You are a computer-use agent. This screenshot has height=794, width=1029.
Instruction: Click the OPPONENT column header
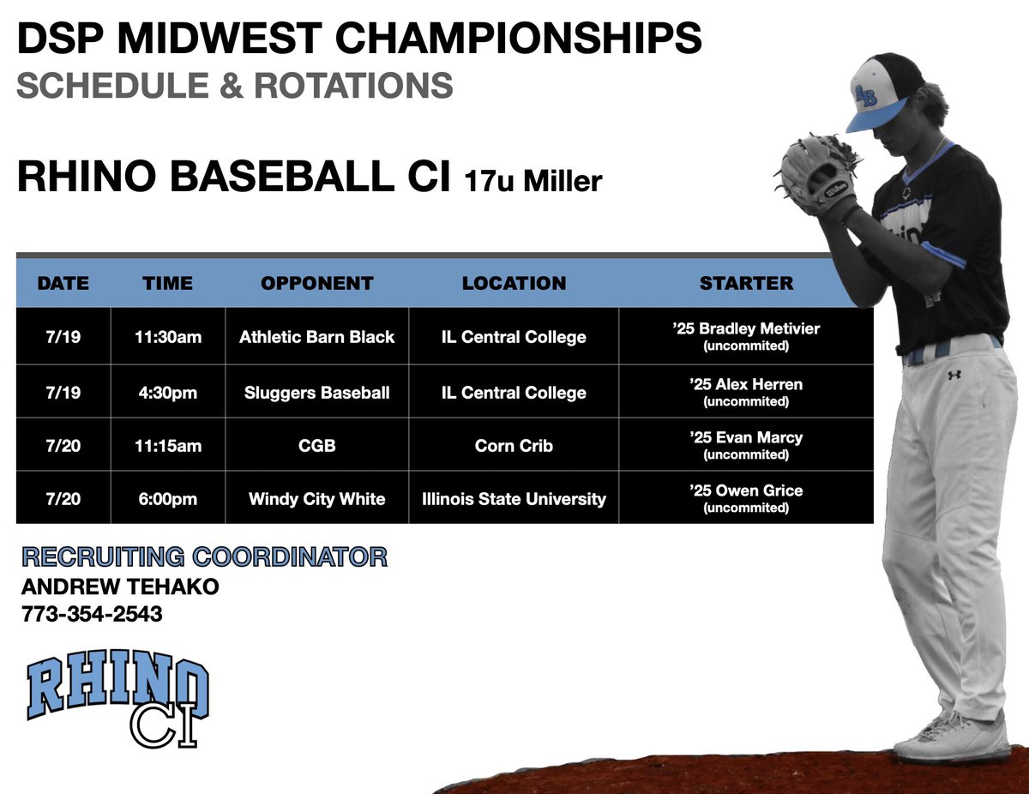[316, 283]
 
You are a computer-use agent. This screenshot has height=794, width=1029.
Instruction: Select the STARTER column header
[746, 283]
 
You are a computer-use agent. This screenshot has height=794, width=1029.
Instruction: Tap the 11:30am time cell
[168, 337]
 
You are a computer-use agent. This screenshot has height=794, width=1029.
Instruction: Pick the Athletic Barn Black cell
[316, 337]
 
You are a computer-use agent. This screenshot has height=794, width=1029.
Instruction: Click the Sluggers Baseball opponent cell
[316, 393]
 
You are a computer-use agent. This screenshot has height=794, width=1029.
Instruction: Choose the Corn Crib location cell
[514, 446]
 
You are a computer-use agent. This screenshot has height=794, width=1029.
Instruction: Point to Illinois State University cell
[514, 498]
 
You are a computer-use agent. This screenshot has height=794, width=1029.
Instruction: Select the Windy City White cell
[316, 498]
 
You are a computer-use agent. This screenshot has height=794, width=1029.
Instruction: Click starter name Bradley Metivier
[746, 329]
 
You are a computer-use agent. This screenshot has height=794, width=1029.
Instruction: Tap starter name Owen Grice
[746, 491]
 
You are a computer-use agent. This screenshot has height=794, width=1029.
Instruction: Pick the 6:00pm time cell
[168, 498]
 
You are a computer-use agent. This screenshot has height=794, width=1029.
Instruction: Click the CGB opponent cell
[316, 446]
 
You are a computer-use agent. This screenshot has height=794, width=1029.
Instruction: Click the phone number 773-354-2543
[92, 614]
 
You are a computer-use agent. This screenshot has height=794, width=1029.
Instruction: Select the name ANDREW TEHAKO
[120, 587]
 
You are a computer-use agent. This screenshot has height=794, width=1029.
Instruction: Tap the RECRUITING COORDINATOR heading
[204, 557]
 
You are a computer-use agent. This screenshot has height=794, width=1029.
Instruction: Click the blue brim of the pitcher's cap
[876, 116]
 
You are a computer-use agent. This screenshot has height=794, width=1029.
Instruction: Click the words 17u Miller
[533, 181]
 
